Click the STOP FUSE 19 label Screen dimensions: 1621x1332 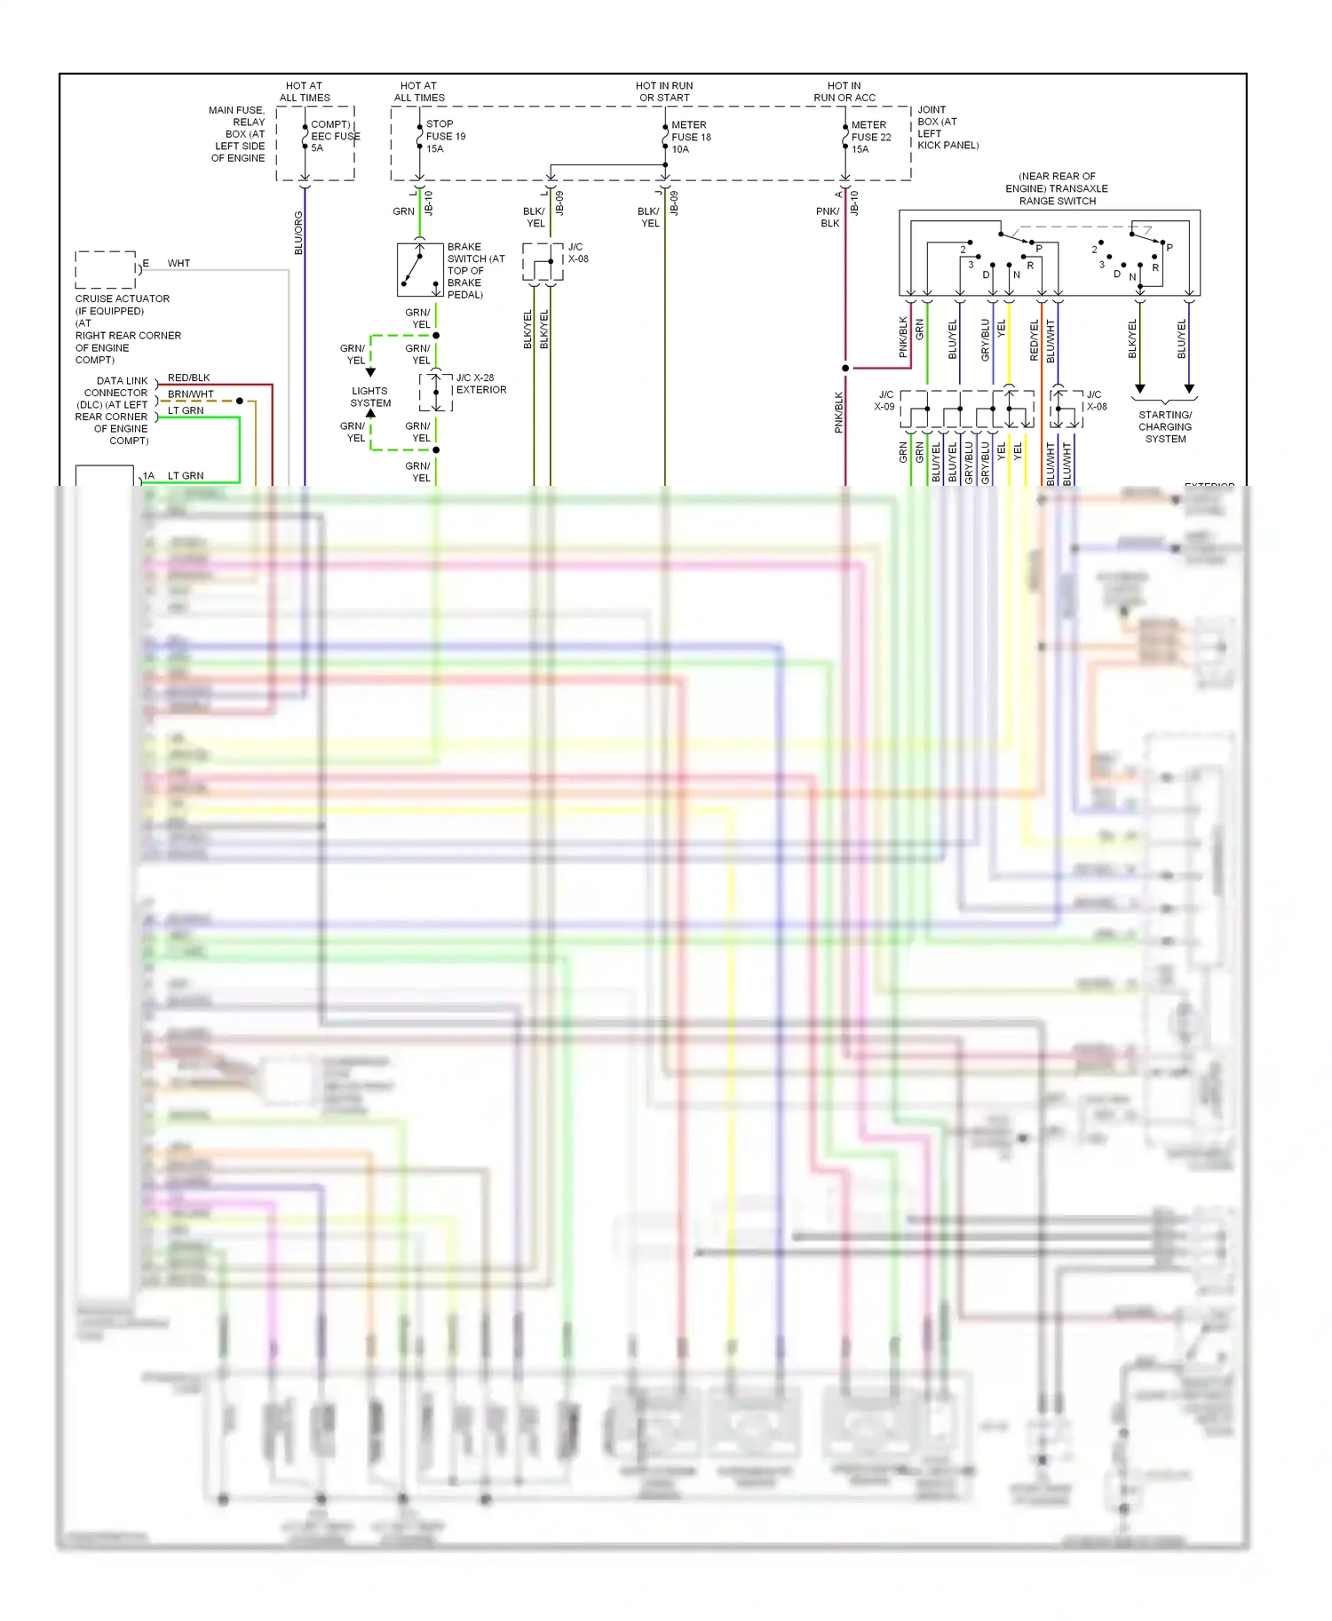pyautogui.click(x=445, y=136)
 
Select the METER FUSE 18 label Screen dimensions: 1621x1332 pyautogui.click(x=691, y=137)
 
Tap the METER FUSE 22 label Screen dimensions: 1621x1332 pyautogui.click(x=870, y=137)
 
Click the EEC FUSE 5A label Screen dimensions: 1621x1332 pyautogui.click(x=335, y=136)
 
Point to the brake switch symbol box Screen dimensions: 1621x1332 pyautogui.click(x=420, y=269)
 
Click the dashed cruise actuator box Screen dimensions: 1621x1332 pyautogui.click(x=105, y=269)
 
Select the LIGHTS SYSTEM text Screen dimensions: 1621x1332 pyautogui.click(x=370, y=397)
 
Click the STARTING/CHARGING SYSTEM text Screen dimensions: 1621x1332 pyautogui.click(x=1165, y=426)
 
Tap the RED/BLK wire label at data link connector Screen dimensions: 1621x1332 pyautogui.click(x=189, y=377)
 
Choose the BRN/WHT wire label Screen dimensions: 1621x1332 pyautogui.click(x=191, y=393)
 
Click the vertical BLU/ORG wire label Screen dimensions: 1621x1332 pyautogui.click(x=298, y=233)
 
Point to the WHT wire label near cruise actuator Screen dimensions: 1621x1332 pyautogui.click(x=178, y=263)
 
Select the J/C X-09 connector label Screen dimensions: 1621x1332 pyautogui.click(x=884, y=401)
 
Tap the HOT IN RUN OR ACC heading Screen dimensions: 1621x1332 pyautogui.click(x=844, y=91)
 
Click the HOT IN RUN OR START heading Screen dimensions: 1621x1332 pyautogui.click(x=664, y=91)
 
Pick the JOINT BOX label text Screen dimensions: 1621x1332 pyautogui.click(x=947, y=127)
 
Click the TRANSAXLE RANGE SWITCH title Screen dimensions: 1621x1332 pyautogui.click(x=1057, y=188)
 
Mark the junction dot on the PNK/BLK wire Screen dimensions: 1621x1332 pyautogui.click(x=845, y=368)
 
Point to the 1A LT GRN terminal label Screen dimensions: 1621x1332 pyautogui.click(x=174, y=476)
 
